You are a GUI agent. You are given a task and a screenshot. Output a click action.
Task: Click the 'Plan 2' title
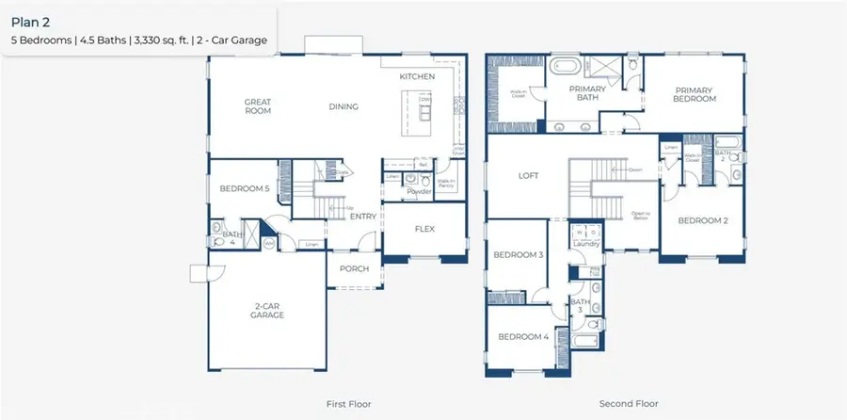30,20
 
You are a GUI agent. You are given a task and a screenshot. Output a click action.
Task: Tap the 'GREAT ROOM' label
257,105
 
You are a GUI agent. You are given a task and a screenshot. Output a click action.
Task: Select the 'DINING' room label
344,106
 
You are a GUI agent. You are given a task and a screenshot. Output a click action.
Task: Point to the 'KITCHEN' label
417,75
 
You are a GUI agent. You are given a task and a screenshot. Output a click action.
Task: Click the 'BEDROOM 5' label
245,188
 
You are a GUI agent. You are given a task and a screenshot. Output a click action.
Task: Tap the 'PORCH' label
354,269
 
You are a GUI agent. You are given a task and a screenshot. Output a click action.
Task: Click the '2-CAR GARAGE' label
268,310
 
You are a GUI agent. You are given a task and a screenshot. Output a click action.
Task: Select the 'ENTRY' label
363,217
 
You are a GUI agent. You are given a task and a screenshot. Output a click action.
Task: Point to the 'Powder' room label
419,192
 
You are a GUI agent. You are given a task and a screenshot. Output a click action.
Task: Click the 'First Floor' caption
348,404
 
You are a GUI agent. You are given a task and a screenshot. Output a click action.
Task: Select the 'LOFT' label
529,175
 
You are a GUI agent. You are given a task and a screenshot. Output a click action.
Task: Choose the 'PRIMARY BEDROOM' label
695,94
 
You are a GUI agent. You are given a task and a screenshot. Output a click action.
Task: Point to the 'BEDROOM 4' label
523,336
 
